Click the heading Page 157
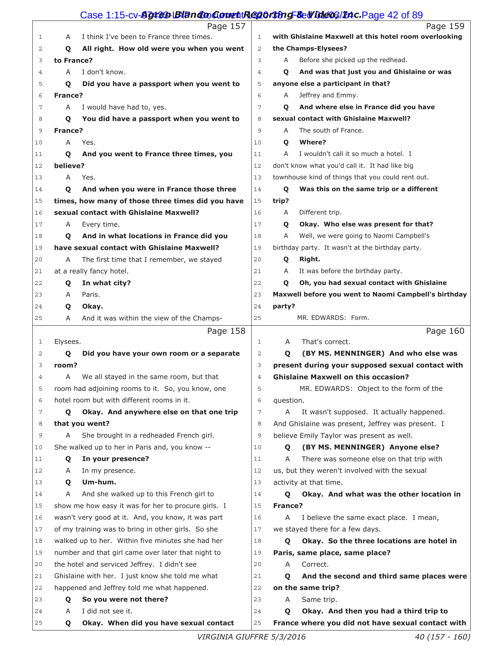point(226,27)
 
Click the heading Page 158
point(226,331)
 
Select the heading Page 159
point(445,27)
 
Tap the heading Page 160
point(445,331)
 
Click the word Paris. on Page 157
point(91,295)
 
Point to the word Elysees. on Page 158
point(68,341)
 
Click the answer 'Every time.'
point(101,225)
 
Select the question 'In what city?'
point(107,283)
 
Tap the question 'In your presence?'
point(115,459)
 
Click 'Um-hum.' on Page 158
point(99,482)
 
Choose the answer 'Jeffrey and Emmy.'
point(328,95)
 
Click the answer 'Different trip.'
point(320,212)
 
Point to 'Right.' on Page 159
point(309,259)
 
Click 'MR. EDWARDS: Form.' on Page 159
point(333,318)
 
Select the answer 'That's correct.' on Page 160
point(326,342)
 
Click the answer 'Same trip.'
point(320,600)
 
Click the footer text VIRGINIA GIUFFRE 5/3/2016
point(251,637)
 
